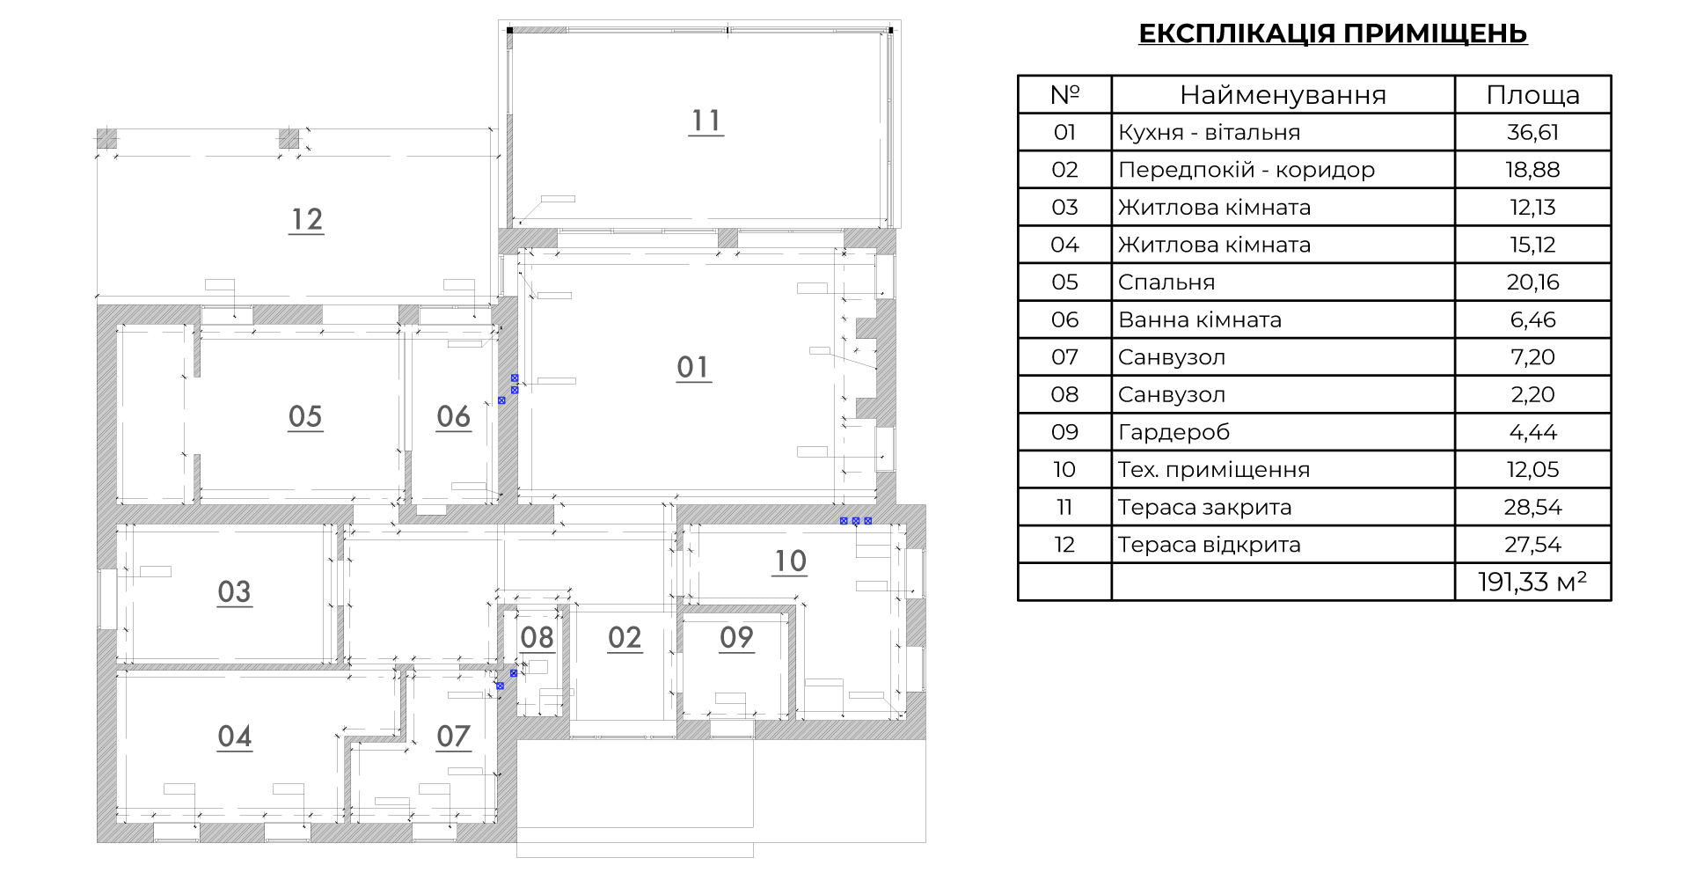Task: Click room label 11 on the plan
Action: tap(706, 121)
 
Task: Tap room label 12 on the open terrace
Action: tap(307, 219)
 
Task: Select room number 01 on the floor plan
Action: tap(693, 367)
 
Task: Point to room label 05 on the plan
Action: tap(305, 416)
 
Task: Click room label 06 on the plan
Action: tap(454, 416)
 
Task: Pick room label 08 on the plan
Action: tap(537, 637)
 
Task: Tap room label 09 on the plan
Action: tap(737, 637)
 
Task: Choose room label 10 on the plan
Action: tap(790, 561)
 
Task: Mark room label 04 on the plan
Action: tap(235, 736)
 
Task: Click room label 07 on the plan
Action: tap(454, 736)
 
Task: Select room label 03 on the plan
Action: tap(235, 591)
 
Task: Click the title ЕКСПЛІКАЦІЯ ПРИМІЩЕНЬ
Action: tap(1333, 33)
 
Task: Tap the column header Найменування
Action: tap(1283, 95)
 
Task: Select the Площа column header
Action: tap(1533, 95)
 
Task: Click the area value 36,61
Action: tap(1533, 133)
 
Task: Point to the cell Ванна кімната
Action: tap(1200, 320)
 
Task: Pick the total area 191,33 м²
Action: tap(1532, 582)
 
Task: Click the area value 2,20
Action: tap(1533, 395)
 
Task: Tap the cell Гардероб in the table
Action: tap(1174, 433)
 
